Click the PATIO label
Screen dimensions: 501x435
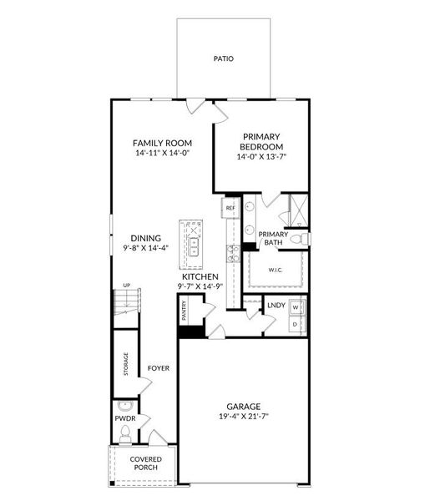coord(223,59)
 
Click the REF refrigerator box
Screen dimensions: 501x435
coord(230,207)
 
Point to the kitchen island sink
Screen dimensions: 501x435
coord(193,245)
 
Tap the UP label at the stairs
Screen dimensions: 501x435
coord(127,286)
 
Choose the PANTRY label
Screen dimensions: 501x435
coord(185,311)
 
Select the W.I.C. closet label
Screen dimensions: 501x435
coord(276,270)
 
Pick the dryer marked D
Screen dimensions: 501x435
coord(296,323)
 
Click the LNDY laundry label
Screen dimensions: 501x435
coord(276,306)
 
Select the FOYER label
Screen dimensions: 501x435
coord(159,368)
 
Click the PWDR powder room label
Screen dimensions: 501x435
coord(126,417)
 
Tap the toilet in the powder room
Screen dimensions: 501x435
coord(125,433)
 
